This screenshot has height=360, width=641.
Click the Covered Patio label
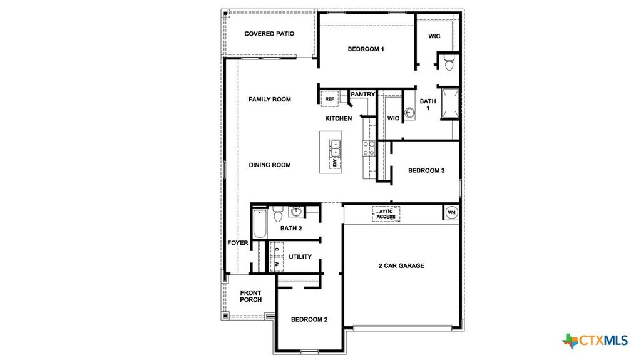coord(269,34)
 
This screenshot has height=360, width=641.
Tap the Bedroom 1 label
coord(366,49)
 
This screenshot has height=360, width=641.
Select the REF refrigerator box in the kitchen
coord(329,99)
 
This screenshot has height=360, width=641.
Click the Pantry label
coord(362,95)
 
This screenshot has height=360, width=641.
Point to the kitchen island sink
coord(335,147)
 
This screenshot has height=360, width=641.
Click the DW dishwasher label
coord(335,163)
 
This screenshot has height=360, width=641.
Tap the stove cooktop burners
coord(368,148)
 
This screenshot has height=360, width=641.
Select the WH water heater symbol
coord(451,213)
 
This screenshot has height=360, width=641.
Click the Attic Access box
coord(386,213)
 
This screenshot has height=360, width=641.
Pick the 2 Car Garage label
coord(401,265)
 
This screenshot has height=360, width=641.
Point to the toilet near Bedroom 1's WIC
coord(448,63)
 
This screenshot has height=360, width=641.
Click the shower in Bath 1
coord(449,103)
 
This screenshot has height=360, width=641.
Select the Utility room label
coord(300,257)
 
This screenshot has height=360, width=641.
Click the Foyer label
coord(238,243)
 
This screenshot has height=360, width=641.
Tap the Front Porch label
coord(250,296)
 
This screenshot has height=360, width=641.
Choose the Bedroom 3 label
coord(426,170)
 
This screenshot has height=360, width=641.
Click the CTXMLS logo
coord(595,341)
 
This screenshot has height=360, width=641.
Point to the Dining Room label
coord(270,165)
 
